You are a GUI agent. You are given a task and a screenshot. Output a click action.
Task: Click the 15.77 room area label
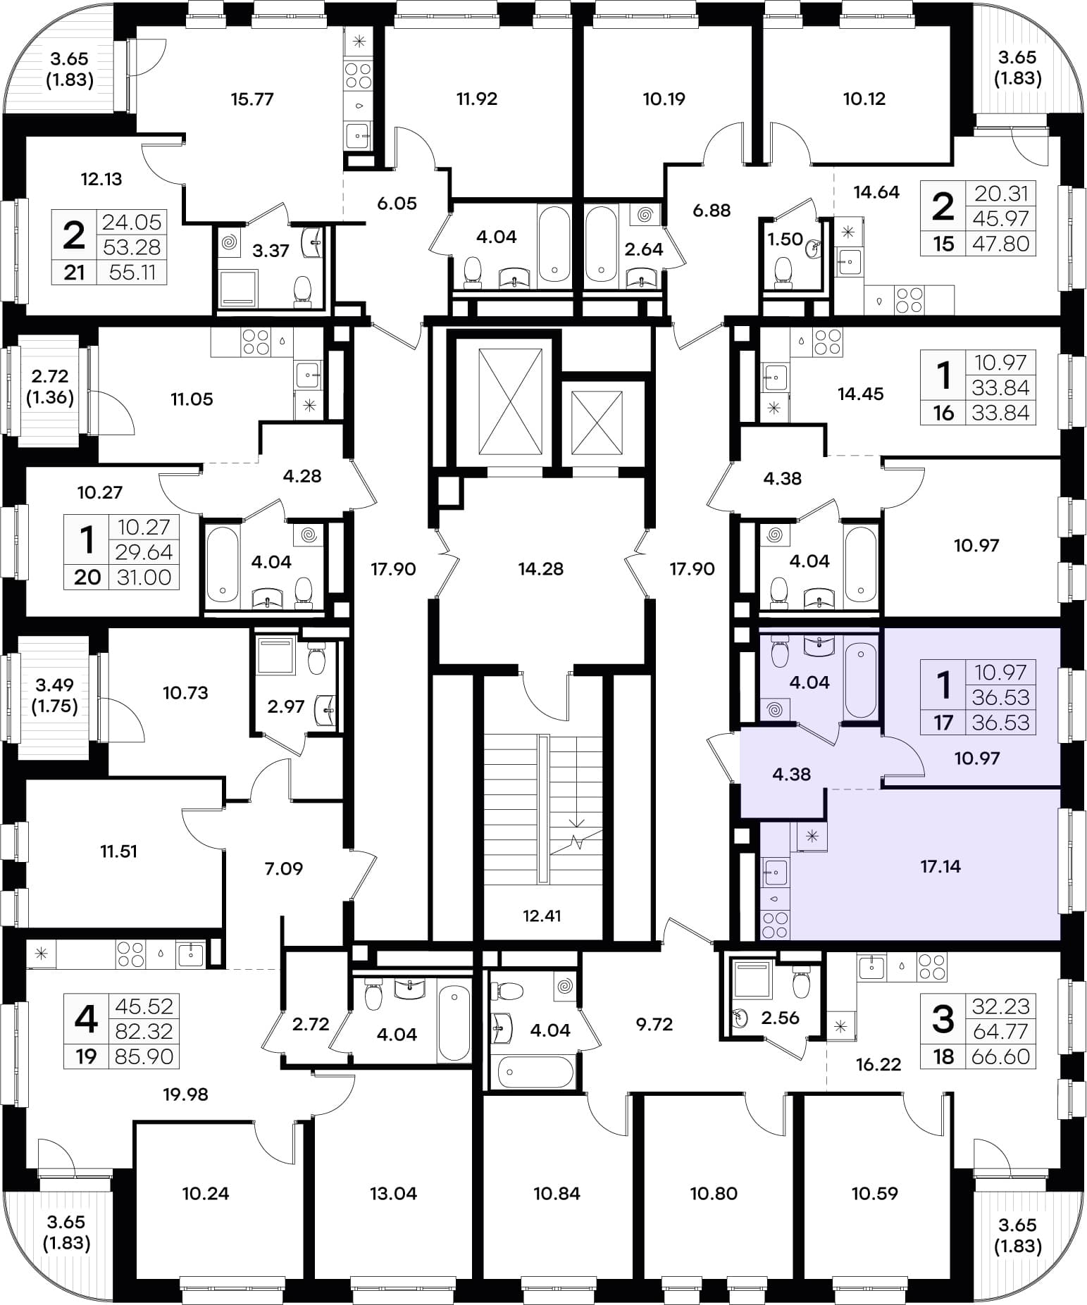(x=252, y=99)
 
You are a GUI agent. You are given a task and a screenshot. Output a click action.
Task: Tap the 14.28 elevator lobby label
(x=541, y=569)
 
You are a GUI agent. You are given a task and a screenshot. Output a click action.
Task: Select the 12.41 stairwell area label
(x=542, y=916)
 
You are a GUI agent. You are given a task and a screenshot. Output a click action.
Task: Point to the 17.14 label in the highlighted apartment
(x=940, y=867)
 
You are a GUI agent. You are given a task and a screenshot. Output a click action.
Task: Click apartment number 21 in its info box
(x=75, y=273)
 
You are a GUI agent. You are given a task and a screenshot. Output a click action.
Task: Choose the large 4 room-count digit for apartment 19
(x=86, y=1018)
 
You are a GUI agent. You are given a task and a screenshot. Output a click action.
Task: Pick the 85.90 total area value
(x=144, y=1056)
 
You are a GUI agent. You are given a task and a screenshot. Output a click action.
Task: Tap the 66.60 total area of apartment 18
(x=1001, y=1056)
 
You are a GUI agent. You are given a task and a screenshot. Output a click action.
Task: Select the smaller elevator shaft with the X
(x=597, y=423)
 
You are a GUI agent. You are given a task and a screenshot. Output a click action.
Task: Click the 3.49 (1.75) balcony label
(x=55, y=695)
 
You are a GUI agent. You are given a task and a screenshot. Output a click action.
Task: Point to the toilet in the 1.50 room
(x=783, y=271)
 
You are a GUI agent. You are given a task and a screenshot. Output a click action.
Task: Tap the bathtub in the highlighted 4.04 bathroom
(x=860, y=680)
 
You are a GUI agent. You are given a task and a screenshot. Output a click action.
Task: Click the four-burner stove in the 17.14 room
(x=775, y=925)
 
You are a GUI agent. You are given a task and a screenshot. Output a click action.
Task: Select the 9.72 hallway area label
(x=654, y=1025)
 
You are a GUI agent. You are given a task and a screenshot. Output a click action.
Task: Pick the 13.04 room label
(x=393, y=1194)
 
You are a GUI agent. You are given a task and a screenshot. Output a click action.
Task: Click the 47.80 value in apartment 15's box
(x=1001, y=244)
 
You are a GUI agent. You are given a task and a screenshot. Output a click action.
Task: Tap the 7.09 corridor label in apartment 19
(x=284, y=869)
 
